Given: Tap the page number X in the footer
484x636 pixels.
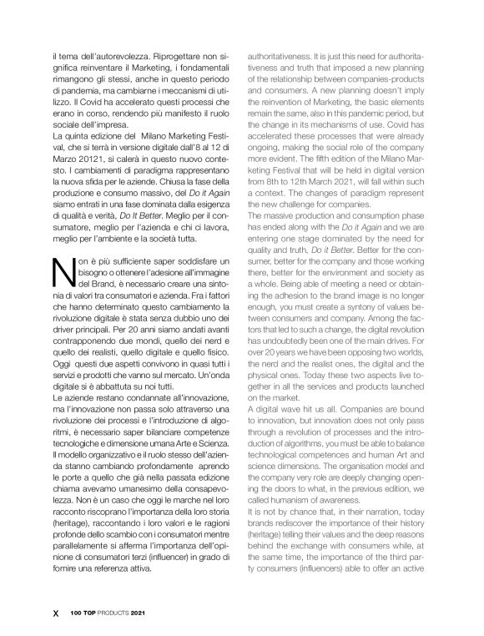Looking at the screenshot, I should point(56,611).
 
